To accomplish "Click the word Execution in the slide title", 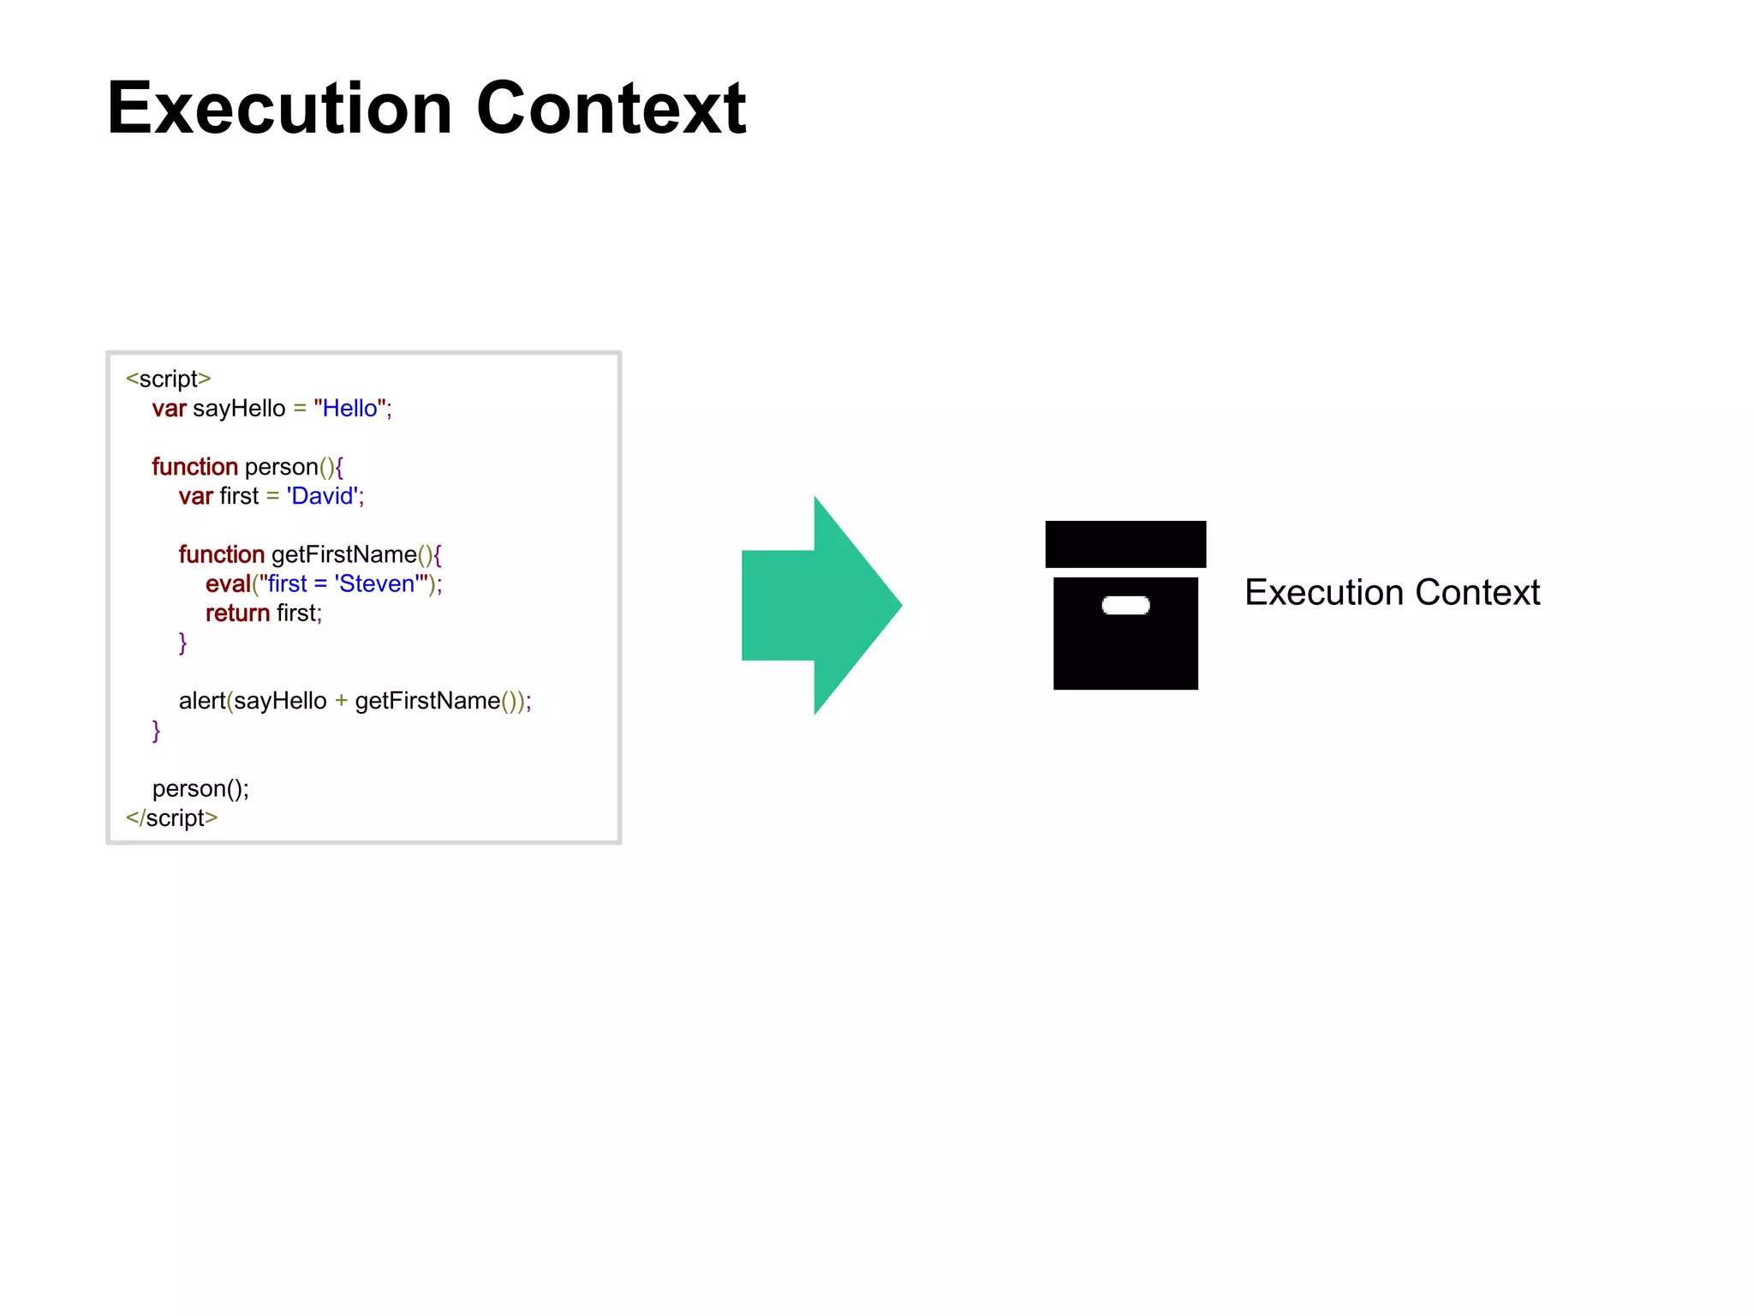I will (x=279, y=109).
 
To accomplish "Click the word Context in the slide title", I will (x=611, y=109).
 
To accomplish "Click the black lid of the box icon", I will (x=1125, y=544).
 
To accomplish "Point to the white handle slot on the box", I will (x=1125, y=606).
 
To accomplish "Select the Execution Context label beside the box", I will (x=1392, y=593).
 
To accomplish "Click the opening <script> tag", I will (x=168, y=379).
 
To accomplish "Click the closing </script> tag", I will (x=171, y=817).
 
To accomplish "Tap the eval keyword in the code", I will (x=227, y=584).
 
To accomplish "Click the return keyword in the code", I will (x=237, y=613).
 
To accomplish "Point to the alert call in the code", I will (x=201, y=701).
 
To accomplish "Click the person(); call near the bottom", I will (x=200, y=788).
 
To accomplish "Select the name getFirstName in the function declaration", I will (x=343, y=555).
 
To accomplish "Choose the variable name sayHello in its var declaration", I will (x=239, y=409).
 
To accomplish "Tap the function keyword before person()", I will (x=194, y=467).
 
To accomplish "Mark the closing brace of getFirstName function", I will (x=182, y=643).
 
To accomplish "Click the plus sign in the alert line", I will (x=341, y=701).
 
